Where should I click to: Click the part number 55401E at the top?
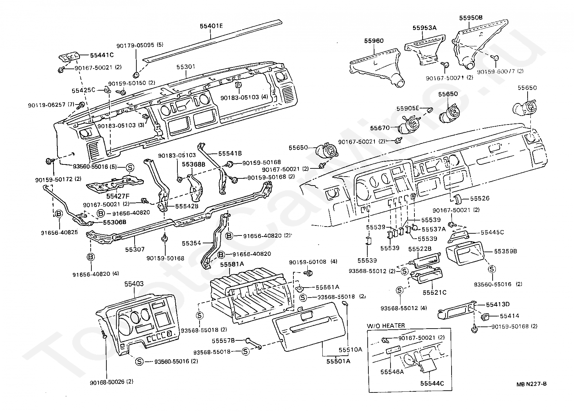click(x=211, y=26)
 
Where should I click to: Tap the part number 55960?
click(x=374, y=41)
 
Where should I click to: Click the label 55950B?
click(x=470, y=17)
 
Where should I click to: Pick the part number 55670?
click(x=380, y=128)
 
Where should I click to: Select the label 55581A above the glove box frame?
click(x=232, y=264)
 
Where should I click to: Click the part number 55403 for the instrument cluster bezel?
click(x=134, y=284)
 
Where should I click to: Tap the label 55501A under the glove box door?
click(x=338, y=361)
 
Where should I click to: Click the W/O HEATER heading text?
click(x=386, y=325)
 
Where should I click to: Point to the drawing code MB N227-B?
click(x=531, y=384)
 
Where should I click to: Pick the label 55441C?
click(x=102, y=55)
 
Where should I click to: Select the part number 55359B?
click(x=505, y=251)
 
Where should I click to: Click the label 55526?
click(x=480, y=198)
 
